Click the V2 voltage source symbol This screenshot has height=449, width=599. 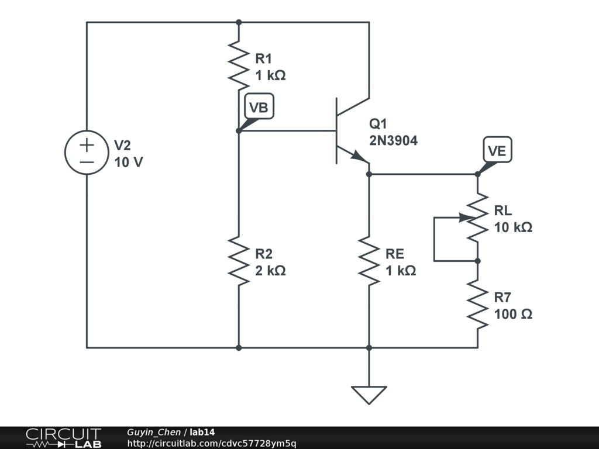(87, 152)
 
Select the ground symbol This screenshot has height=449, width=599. (369, 395)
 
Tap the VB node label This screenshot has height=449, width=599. (259, 108)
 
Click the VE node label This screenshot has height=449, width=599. (497, 151)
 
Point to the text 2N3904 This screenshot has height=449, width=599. (393, 140)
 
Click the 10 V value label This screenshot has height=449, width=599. (129, 162)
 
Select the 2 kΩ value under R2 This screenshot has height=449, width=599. (270, 271)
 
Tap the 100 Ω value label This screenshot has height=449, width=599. (513, 314)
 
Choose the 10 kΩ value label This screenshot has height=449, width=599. (513, 227)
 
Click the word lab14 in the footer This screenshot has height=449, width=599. (202, 432)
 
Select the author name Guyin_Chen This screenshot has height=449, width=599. (154, 432)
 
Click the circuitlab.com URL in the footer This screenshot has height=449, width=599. (212, 443)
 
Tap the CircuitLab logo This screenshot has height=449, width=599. (63, 438)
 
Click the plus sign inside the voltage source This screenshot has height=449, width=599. (87, 144)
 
